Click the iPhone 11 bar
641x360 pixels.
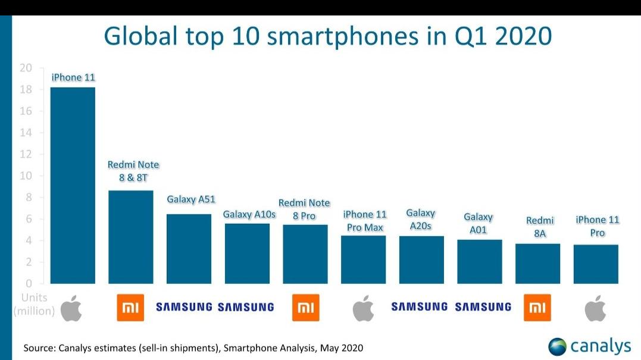click(73, 185)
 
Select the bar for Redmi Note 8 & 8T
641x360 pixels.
click(130, 237)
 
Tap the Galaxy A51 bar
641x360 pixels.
click(189, 249)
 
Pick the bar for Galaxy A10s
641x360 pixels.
click(247, 253)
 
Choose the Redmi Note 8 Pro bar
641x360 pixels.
click(305, 254)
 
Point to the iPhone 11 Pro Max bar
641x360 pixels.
click(363, 259)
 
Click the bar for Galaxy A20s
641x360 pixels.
click(421, 259)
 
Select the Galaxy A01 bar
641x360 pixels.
click(479, 261)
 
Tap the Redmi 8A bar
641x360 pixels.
click(537, 264)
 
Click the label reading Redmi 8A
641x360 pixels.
click(540, 227)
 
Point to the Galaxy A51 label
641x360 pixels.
click(189, 199)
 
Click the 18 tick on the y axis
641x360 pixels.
click(26, 90)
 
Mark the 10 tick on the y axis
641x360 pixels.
click(26, 176)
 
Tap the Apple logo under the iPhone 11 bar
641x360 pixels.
click(72, 307)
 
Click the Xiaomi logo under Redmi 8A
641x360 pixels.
click(537, 308)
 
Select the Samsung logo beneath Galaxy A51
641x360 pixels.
click(184, 307)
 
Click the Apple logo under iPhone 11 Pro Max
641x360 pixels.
click(363, 308)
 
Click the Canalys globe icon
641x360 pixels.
click(558, 346)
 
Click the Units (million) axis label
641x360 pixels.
click(34, 303)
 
